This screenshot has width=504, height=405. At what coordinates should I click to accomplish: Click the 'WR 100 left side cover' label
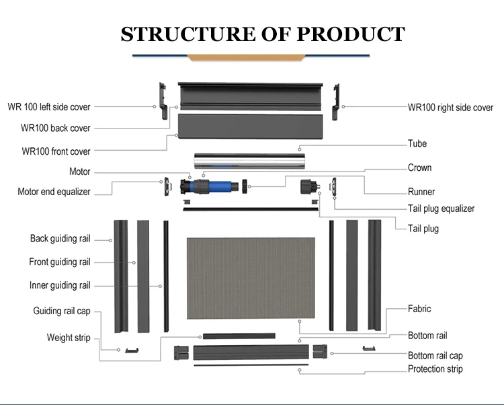[x=48, y=107]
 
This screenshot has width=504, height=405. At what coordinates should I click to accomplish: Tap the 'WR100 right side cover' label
[x=450, y=108]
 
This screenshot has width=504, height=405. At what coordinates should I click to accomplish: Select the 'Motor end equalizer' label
[x=54, y=192]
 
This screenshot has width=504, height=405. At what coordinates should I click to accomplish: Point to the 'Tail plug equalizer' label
[x=441, y=209]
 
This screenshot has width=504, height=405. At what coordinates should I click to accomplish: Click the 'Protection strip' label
[x=435, y=369]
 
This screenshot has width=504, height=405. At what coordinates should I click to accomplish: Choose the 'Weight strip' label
[x=68, y=338]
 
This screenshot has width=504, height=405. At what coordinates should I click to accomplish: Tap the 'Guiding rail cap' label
[x=61, y=311]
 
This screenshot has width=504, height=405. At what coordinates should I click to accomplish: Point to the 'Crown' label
[x=419, y=168]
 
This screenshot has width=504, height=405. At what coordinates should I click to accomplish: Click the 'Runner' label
[x=421, y=192]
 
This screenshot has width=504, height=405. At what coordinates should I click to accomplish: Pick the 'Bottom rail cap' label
[x=435, y=355]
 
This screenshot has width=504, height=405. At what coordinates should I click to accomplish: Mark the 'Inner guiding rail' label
[x=59, y=285]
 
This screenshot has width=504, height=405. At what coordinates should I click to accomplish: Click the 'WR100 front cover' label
[x=56, y=151]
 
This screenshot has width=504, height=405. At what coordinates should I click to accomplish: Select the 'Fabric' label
[x=419, y=309]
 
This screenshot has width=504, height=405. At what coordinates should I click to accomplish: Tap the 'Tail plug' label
[x=423, y=229]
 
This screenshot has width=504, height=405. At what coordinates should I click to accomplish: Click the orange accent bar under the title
[x=251, y=58]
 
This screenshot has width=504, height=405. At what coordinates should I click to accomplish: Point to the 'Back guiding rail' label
[x=60, y=239]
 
